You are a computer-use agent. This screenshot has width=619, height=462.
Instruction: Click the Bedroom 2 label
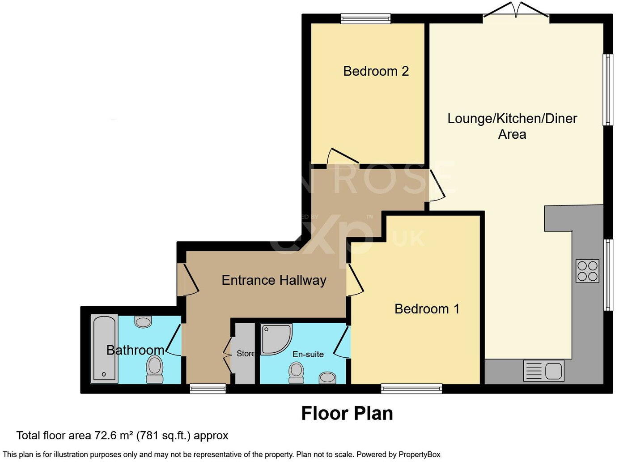click(x=376, y=71)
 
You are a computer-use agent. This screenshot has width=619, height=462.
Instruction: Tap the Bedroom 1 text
click(x=427, y=309)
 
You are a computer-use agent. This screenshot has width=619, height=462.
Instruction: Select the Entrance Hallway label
click(x=274, y=280)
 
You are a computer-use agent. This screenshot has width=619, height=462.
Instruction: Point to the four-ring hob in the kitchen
click(x=587, y=271)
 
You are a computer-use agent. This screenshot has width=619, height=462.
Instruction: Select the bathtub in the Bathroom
click(x=104, y=349)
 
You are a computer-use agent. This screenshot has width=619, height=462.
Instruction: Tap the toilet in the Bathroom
click(x=155, y=369)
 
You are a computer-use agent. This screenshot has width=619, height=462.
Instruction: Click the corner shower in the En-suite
click(x=276, y=338)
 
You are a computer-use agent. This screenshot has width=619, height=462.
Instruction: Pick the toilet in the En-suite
click(x=296, y=372)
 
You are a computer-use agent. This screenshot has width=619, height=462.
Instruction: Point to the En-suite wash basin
click(x=328, y=377)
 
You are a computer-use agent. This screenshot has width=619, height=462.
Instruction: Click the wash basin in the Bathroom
click(x=144, y=321)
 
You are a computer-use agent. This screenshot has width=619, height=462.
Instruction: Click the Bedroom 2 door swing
click(x=342, y=156)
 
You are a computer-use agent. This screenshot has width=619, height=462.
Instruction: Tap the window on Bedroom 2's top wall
click(x=365, y=18)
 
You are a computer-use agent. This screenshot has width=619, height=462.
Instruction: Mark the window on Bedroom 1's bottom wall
click(x=411, y=389)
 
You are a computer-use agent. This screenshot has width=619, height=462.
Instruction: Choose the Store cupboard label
click(x=246, y=354)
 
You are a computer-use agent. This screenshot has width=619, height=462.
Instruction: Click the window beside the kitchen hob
click(x=608, y=274)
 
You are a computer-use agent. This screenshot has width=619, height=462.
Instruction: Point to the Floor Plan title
click(x=347, y=413)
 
